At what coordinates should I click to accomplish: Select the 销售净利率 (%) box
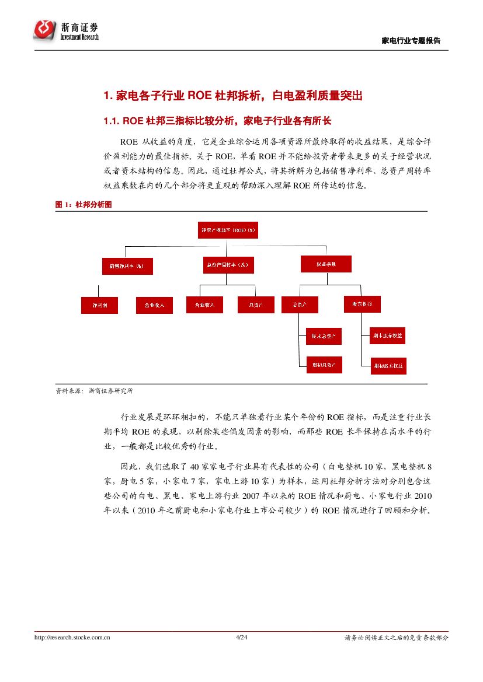127,266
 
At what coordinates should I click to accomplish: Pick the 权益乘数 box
326,264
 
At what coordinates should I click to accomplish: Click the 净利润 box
99,305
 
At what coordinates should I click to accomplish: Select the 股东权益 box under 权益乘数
362,303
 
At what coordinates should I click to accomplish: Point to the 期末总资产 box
324,336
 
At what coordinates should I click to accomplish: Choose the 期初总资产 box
324,365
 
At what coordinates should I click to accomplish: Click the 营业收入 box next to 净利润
154,305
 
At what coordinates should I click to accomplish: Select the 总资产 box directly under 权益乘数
300,303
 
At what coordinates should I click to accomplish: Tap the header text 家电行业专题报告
411,40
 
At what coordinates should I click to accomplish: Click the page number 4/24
241,638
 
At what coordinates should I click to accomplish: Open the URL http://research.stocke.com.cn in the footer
72,638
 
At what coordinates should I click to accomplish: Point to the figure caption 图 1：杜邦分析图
83,205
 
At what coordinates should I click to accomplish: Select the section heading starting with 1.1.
217,121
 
